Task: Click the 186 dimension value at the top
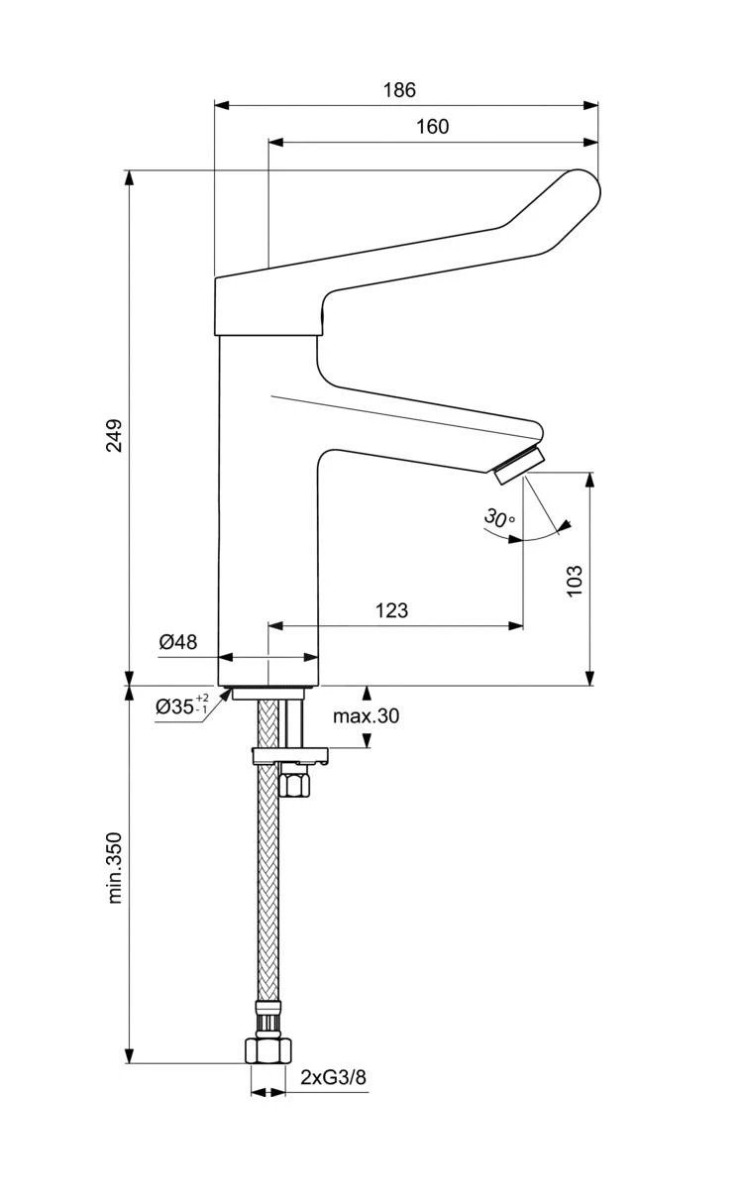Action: click(x=399, y=89)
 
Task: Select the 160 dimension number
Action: click(x=432, y=126)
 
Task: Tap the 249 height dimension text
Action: click(x=114, y=436)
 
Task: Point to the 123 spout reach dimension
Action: click(x=392, y=610)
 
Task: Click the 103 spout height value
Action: click(x=575, y=581)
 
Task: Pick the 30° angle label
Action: click(x=498, y=518)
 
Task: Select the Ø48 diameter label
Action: click(x=178, y=642)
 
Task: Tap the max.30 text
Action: click(x=366, y=715)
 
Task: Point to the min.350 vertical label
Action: click(x=115, y=867)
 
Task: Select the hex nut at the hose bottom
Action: click(x=266, y=1049)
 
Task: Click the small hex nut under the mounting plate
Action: click(x=294, y=783)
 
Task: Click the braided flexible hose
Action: click(x=266, y=892)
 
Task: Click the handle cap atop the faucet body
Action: click(x=267, y=307)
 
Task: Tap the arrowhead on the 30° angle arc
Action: click(x=515, y=540)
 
